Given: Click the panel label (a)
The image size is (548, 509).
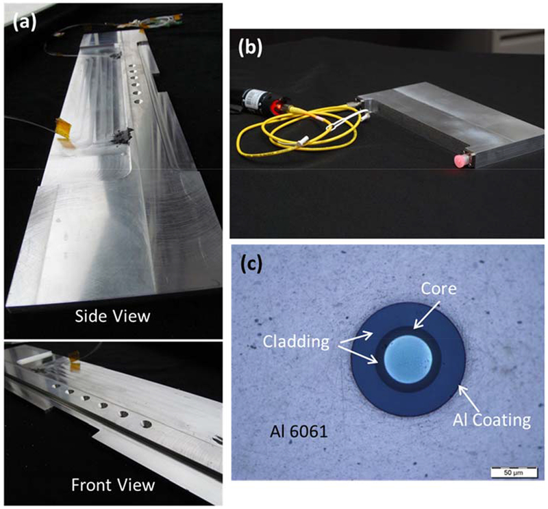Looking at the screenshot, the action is (x=23, y=23).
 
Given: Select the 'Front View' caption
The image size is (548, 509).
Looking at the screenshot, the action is (x=112, y=486).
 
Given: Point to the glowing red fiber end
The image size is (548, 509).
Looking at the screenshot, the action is (x=457, y=160).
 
